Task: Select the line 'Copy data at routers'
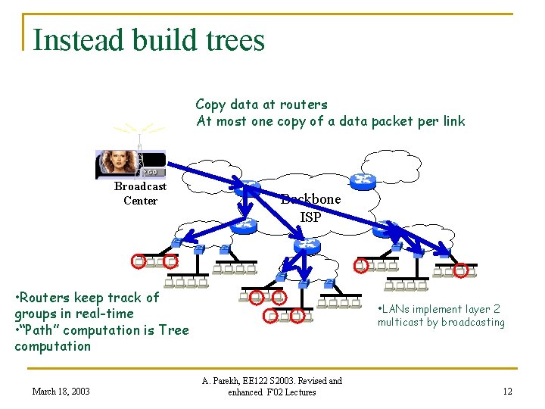tap(261, 105)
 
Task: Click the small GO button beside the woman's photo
tap(152, 171)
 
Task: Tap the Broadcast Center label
tap(140, 193)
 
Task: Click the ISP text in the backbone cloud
tap(310, 217)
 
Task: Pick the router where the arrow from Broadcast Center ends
tap(248, 190)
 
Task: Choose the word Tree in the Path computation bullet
tap(173, 330)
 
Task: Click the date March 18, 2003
tap(61, 392)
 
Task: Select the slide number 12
tap(507, 392)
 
